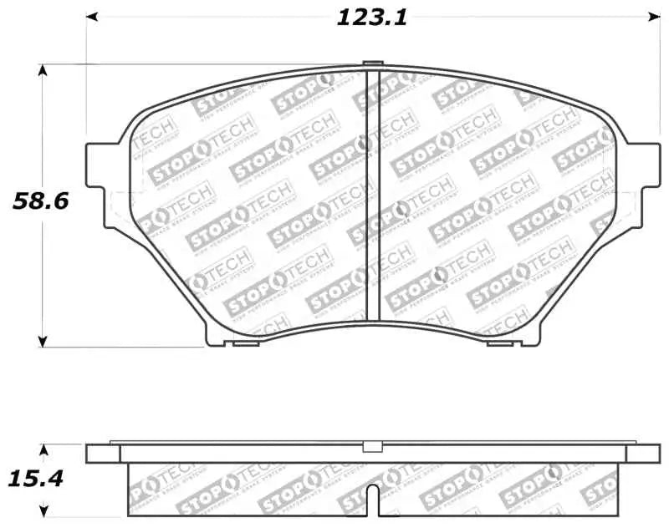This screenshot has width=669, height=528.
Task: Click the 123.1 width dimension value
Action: (372, 18)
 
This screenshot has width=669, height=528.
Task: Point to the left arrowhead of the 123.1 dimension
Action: (93, 16)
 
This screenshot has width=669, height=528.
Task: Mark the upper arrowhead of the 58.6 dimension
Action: (42, 69)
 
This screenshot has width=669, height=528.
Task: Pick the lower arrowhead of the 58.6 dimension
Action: (42, 340)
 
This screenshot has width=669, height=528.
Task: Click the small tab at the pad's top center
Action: (374, 64)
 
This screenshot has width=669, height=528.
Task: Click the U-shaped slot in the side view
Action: (373, 502)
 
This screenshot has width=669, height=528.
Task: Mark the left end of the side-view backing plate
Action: (102, 453)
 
